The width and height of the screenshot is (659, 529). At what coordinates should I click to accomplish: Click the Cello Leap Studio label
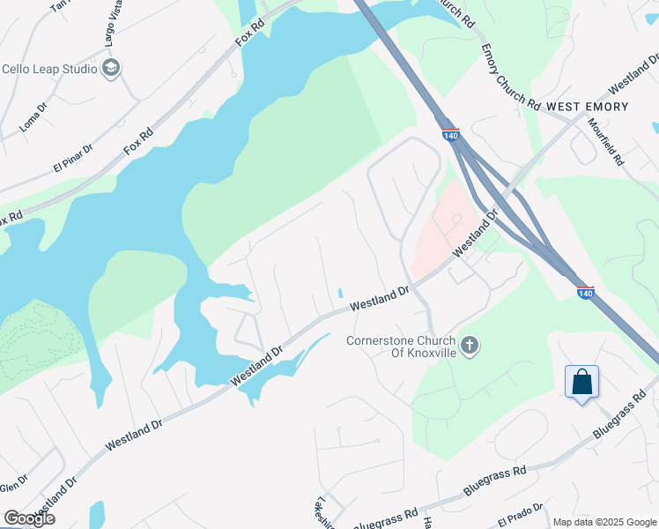coord(48,69)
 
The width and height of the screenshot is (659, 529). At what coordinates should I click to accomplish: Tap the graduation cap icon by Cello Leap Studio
coord(111,68)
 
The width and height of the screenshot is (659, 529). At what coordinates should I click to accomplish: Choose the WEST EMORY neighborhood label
coord(587,107)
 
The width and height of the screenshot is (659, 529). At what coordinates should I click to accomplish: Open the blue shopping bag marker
coord(581,383)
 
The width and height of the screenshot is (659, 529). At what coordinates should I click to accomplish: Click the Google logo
coord(29,518)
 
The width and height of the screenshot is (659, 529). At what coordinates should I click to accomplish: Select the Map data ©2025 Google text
coord(603,522)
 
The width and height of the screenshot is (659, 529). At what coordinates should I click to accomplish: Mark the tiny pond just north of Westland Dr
coord(340,294)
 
